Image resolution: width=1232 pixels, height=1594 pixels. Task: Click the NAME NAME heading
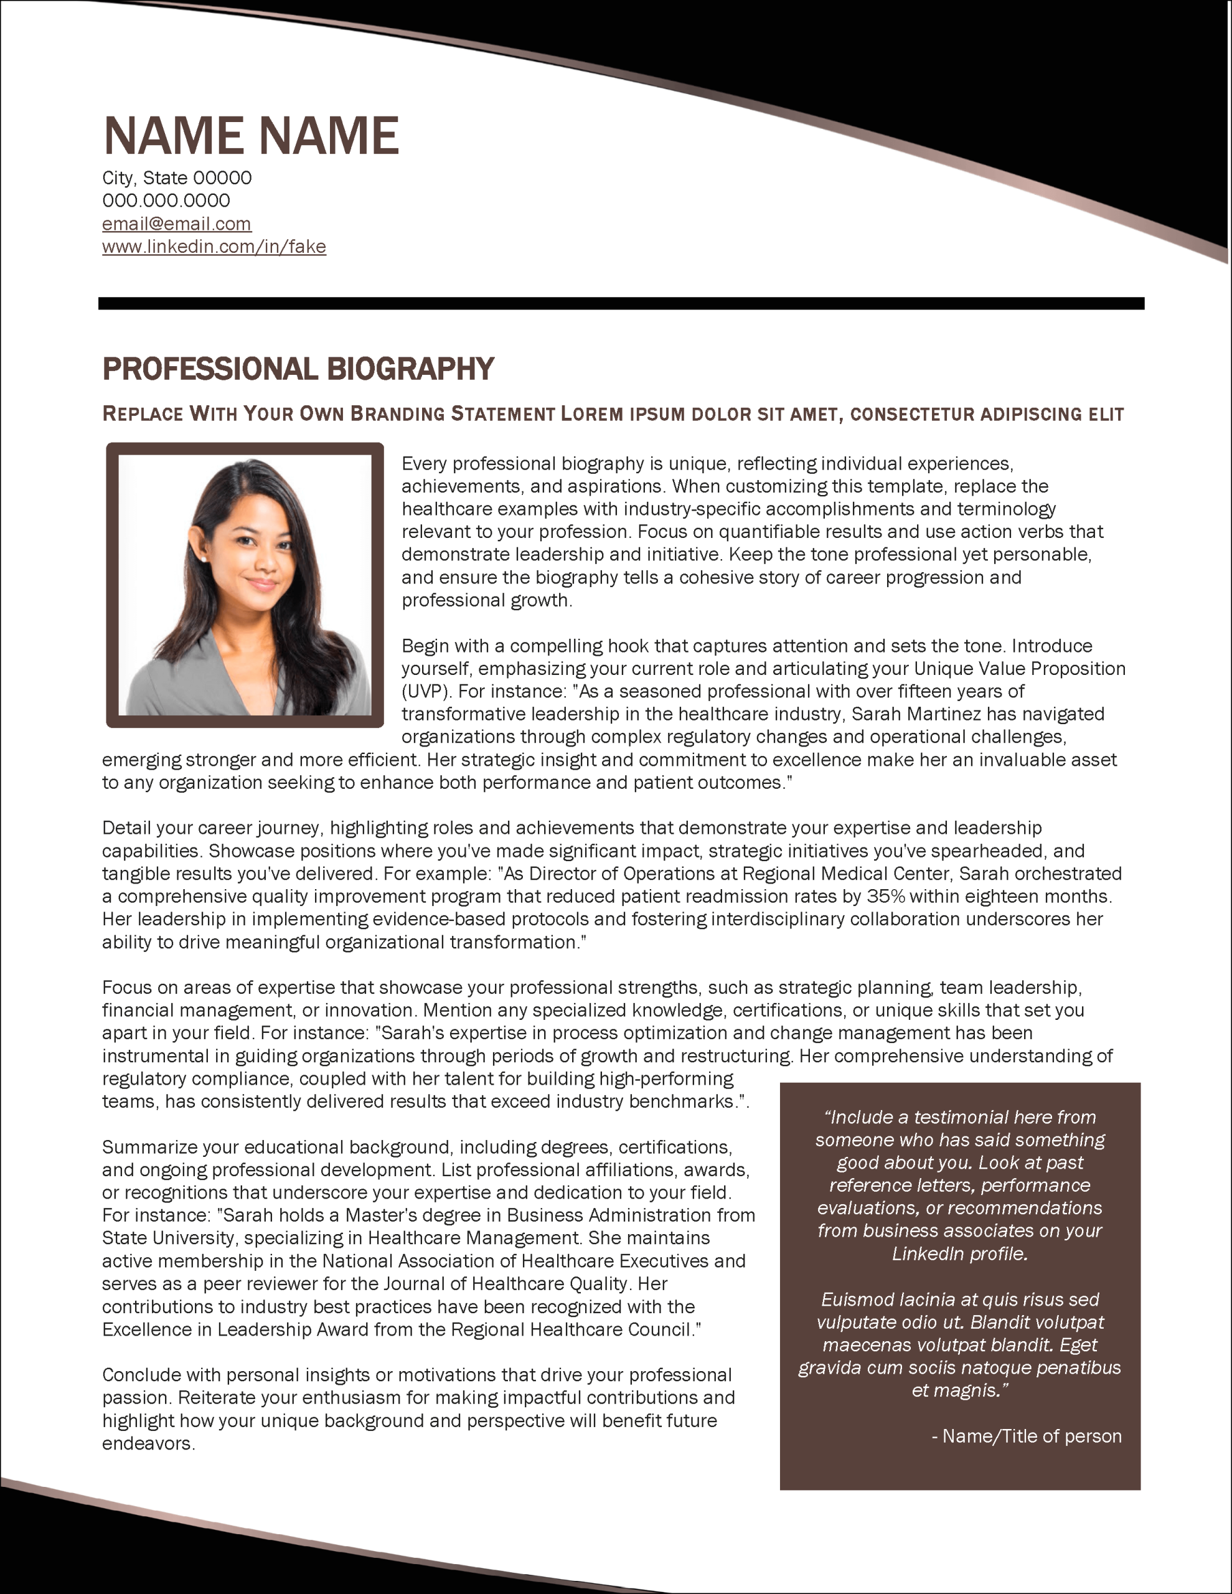point(251,136)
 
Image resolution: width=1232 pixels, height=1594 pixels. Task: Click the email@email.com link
point(177,224)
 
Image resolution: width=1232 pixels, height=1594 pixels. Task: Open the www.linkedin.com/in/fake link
point(214,247)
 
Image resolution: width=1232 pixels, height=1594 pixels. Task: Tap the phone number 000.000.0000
point(166,200)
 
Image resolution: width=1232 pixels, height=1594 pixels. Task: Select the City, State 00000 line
point(177,178)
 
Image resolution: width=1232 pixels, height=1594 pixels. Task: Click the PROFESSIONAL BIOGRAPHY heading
point(298,369)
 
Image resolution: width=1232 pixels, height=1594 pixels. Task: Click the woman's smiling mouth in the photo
point(261,583)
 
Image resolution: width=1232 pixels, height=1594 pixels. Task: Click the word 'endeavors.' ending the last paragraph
point(148,1444)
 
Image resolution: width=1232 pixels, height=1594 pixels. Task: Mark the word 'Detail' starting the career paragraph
point(124,828)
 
